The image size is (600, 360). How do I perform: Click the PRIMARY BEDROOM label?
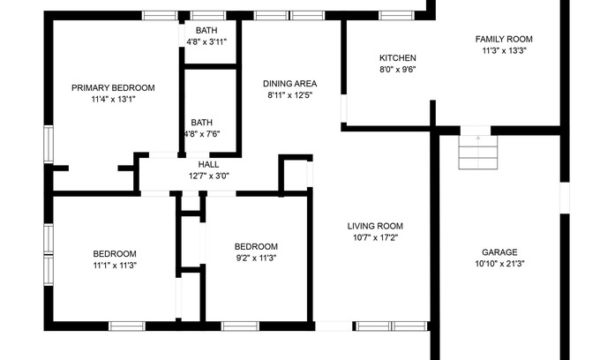[113, 88]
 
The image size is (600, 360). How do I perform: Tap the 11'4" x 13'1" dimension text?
[113, 100]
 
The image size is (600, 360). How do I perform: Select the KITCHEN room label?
[398, 58]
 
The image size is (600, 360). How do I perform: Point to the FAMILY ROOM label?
[504, 39]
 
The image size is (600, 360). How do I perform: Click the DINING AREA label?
[289, 84]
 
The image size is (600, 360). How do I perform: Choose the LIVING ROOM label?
[375, 226]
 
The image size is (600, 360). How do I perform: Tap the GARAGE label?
[499, 252]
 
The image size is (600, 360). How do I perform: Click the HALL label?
[208, 164]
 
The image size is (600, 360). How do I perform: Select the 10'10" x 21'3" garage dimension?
[499, 264]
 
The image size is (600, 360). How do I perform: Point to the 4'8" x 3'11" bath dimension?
[206, 41]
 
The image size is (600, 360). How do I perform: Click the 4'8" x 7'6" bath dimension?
[202, 134]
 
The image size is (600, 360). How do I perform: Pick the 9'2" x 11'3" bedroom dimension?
[256, 258]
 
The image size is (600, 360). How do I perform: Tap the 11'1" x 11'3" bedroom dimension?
[115, 265]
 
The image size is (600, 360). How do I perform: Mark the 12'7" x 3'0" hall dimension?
[208, 176]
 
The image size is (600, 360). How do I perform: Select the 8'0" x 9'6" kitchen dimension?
[398, 70]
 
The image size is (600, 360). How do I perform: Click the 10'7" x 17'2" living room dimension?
[375, 237]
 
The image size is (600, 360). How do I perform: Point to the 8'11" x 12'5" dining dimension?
[289, 95]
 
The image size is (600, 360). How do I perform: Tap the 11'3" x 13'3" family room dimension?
[504, 50]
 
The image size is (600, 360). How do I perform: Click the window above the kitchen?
[396, 15]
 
